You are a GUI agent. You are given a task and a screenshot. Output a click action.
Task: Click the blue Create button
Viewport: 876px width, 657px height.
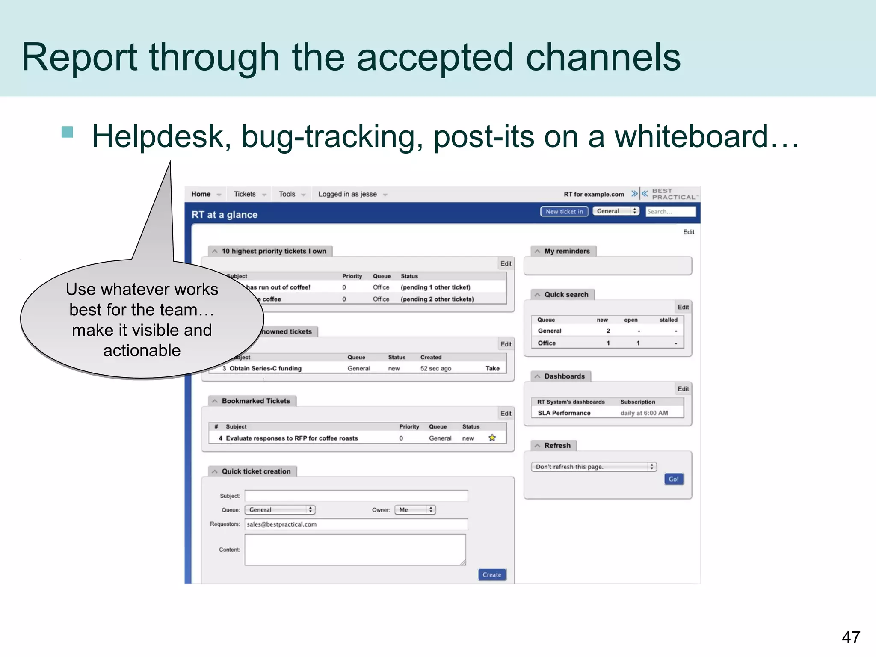tap(492, 575)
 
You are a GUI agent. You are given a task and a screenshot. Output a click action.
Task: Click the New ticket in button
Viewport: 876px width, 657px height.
tap(564, 211)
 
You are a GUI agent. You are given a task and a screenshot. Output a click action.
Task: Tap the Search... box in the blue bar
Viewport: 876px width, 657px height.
tap(670, 211)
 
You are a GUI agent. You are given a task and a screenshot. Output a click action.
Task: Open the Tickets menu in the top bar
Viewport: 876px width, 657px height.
tap(245, 194)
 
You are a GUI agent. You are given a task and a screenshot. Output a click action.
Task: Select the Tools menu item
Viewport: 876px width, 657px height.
tap(287, 194)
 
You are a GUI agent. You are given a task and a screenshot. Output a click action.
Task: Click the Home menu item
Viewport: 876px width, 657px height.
tap(201, 194)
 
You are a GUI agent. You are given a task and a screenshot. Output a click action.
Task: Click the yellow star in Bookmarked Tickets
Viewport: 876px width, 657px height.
tap(492, 438)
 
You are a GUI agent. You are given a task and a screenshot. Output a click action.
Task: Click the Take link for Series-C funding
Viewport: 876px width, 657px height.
tap(492, 368)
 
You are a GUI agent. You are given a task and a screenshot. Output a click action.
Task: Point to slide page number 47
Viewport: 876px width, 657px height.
tap(851, 637)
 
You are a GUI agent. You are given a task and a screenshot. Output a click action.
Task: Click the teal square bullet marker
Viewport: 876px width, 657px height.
tap(67, 132)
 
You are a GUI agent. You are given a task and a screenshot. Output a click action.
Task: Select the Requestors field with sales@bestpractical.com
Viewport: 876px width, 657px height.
tap(356, 524)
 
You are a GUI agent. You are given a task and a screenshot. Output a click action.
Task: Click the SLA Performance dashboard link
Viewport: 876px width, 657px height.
tap(564, 413)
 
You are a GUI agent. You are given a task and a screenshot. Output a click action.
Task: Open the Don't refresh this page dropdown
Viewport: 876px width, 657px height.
tap(594, 467)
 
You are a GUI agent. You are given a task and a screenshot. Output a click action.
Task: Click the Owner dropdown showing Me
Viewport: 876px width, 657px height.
tap(415, 510)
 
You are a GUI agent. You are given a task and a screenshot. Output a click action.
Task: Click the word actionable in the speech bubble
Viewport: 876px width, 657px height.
tap(142, 350)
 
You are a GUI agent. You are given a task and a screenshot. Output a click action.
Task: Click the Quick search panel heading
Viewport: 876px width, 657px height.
tap(566, 294)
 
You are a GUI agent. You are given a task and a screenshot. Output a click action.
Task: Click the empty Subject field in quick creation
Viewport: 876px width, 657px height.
tap(356, 496)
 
